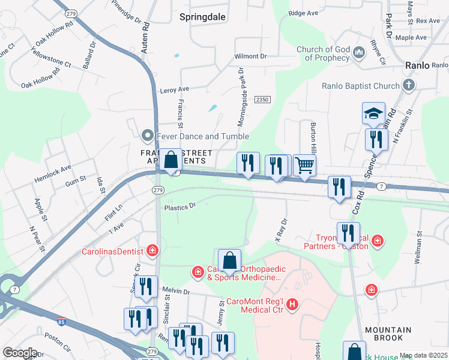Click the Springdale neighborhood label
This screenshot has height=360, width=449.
pyautogui.click(x=202, y=17)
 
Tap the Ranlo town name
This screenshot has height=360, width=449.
pyautogui.click(x=417, y=65)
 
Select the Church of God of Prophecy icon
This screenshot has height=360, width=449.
pyautogui.click(x=359, y=53)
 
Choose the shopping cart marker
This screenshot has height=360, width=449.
pyautogui.click(x=305, y=165)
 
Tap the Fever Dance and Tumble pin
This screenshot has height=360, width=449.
pyautogui.click(x=145, y=136)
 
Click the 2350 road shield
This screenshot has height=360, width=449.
pyautogui.click(x=262, y=99)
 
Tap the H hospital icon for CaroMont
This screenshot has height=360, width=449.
pyautogui.click(x=292, y=305)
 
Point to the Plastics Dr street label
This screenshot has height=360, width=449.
pyautogui.click(x=180, y=206)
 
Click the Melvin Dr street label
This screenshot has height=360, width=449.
pyautogui.click(x=176, y=292)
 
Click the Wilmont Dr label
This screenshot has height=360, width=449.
pyautogui.click(x=250, y=56)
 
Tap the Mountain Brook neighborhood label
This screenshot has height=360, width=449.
pyautogui.click(x=388, y=334)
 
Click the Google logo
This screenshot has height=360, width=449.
pyautogui.click(x=19, y=352)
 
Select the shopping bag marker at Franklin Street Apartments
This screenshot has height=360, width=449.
pyautogui.click(x=170, y=160)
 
